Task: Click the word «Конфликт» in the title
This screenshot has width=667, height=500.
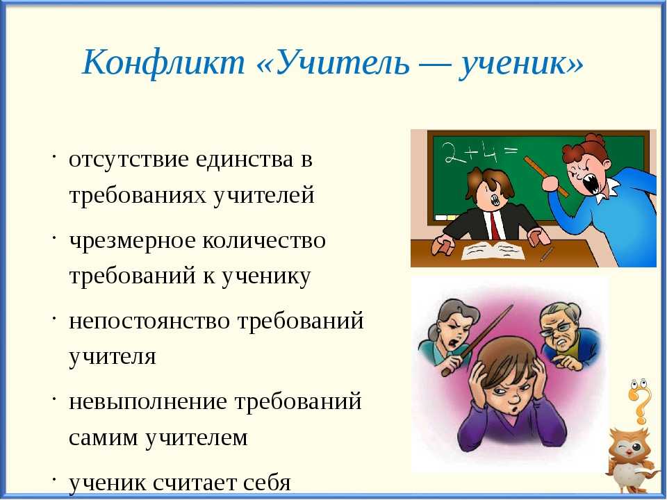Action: tap(163, 63)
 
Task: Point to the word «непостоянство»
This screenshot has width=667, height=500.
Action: tap(150, 321)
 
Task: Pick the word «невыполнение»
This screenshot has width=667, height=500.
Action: tap(147, 402)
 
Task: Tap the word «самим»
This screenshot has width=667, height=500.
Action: tap(104, 437)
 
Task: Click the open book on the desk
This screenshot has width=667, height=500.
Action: tap(493, 251)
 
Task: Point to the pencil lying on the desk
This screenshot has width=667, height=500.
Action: tap(547, 254)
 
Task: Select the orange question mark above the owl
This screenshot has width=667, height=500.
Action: tap(640, 401)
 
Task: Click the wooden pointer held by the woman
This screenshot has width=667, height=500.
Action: tap(477, 340)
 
